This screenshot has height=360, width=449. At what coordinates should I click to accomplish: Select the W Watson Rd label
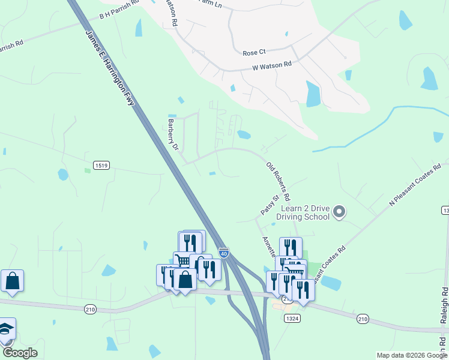click(272, 64)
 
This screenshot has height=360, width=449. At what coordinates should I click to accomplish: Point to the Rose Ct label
click(254, 53)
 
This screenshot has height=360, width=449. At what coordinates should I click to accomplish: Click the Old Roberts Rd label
click(279, 181)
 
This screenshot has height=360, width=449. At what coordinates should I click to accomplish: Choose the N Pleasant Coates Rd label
click(415, 184)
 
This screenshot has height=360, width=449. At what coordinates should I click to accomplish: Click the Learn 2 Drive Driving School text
click(304, 212)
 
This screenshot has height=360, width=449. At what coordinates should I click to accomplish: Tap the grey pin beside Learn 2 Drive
click(339, 211)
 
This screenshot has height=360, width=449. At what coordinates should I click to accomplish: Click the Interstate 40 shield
click(223, 254)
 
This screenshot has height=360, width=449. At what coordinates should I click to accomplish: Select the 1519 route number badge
click(100, 164)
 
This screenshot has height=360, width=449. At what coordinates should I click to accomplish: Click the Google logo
click(20, 353)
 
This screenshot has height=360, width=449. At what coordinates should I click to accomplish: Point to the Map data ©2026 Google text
click(412, 355)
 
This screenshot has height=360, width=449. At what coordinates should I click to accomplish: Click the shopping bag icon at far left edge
click(12, 281)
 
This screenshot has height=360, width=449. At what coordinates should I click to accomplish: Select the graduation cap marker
click(6, 329)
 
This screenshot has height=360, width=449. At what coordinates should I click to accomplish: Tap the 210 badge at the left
click(91, 309)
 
